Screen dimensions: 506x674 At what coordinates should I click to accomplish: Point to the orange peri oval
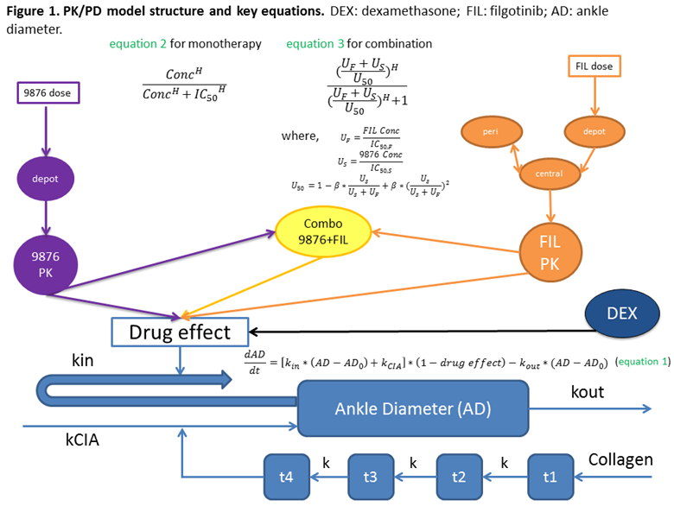click(x=490, y=132)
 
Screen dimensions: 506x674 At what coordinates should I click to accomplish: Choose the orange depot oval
click(x=594, y=132)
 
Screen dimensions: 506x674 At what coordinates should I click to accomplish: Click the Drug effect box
click(x=180, y=331)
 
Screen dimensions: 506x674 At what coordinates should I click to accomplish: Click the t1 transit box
click(x=550, y=475)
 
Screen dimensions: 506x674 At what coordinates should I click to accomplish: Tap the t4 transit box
click(x=287, y=475)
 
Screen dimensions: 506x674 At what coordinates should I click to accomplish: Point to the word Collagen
click(x=620, y=459)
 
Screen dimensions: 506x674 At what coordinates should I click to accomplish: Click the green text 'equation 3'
click(x=315, y=43)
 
